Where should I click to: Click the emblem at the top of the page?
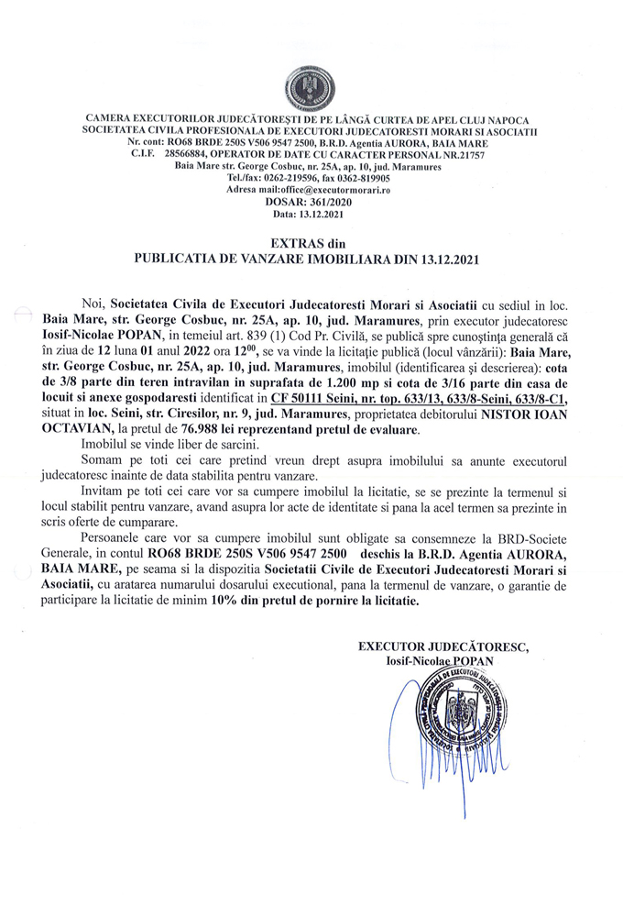point(311,89)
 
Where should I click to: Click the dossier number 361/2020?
point(325,202)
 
